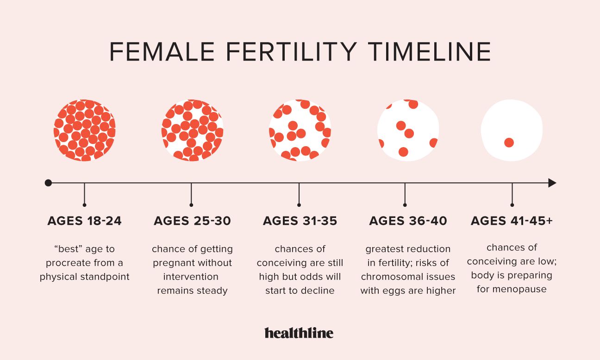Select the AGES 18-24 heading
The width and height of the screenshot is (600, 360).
pyautogui.click(x=84, y=221)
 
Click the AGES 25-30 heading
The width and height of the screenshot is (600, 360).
pyautogui.click(x=192, y=221)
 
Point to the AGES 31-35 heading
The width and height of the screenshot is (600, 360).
pyautogui.click(x=300, y=221)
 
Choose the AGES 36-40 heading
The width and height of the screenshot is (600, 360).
pyautogui.click(x=408, y=221)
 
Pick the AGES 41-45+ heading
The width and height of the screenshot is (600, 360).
pyautogui.click(x=512, y=221)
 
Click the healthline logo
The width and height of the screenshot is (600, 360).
pyautogui.click(x=299, y=333)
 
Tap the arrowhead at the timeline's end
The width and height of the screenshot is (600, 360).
pyautogui.click(x=552, y=183)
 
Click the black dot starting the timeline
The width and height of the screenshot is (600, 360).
pyautogui.click(x=48, y=183)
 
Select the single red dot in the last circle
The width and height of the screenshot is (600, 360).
pyautogui.click(x=509, y=143)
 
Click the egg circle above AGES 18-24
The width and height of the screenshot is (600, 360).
pyautogui.click(x=84, y=130)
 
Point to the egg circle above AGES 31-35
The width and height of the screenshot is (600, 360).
pyautogui.click(x=300, y=130)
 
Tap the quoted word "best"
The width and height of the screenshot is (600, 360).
pyautogui.click(x=68, y=249)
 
